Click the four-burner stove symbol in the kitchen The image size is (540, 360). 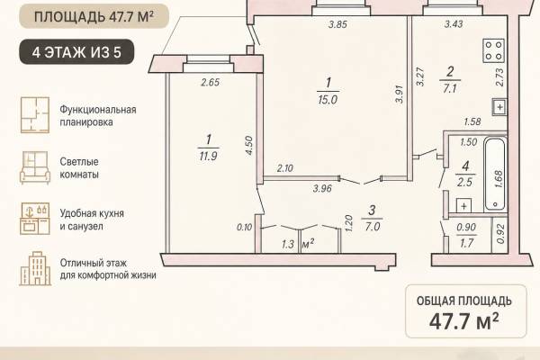click(x=494, y=50)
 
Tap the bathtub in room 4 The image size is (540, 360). click(x=495, y=175)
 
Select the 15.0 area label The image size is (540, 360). click(x=328, y=100)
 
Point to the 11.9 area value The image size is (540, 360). click(x=208, y=157)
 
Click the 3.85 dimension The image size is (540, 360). click(x=337, y=24)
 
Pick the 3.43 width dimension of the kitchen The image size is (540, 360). click(x=454, y=24)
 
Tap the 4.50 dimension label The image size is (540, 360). click(x=249, y=146)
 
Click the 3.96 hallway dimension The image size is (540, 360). click(x=322, y=188)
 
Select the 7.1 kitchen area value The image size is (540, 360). click(x=450, y=89)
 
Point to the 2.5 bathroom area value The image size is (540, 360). click(x=464, y=182)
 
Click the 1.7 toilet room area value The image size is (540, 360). click(x=466, y=243)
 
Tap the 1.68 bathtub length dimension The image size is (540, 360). click(x=499, y=179)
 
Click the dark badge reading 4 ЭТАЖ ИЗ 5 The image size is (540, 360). click(x=76, y=52)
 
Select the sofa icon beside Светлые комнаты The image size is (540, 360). click(x=35, y=167)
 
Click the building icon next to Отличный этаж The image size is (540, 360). click(x=35, y=269)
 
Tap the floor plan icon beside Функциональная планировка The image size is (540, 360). click(x=35, y=115)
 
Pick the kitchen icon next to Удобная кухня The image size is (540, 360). click(x=35, y=219)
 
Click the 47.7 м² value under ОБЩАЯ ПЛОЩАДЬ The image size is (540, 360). click(x=463, y=320)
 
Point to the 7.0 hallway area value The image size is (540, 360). click(x=373, y=227)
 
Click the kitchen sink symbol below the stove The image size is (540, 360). click(x=499, y=107)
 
